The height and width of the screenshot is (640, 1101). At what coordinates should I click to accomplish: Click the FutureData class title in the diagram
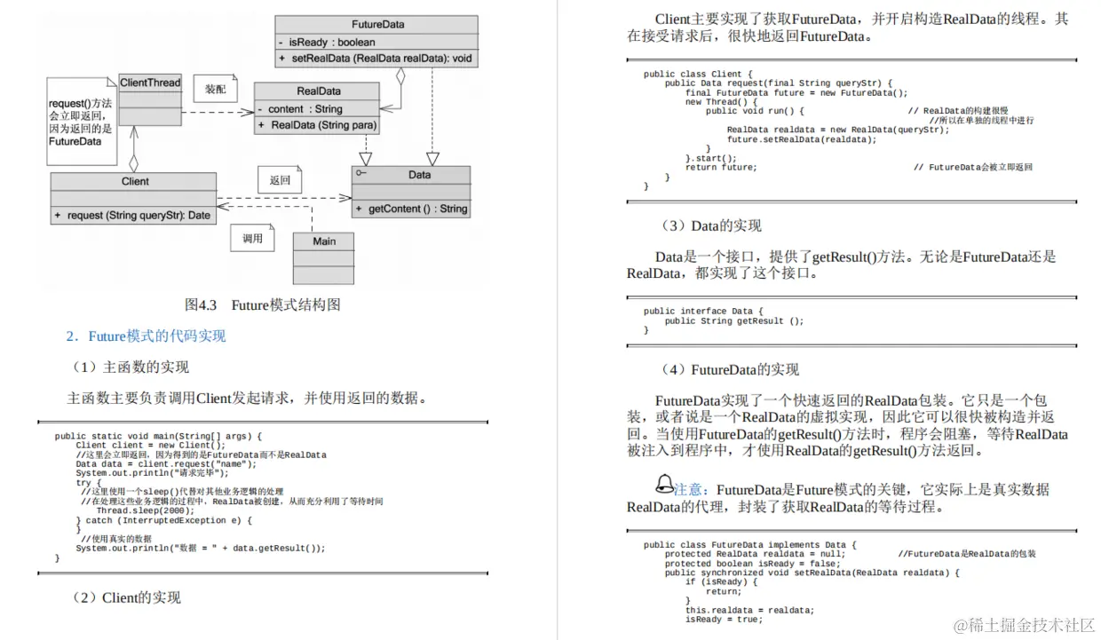(377, 25)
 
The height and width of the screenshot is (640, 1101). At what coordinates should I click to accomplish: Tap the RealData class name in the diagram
(318, 91)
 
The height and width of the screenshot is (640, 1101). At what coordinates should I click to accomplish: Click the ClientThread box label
(150, 83)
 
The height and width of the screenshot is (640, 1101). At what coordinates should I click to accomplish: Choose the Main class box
(324, 241)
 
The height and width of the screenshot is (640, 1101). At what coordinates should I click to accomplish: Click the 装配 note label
(216, 90)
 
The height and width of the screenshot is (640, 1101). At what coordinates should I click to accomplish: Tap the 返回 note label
(280, 180)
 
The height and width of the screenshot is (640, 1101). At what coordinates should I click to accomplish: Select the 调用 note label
(253, 238)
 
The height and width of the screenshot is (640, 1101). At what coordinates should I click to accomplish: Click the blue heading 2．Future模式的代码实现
(147, 336)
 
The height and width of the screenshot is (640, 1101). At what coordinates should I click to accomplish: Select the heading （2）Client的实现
(127, 597)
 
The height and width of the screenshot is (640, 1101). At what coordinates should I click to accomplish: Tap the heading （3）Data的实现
(710, 226)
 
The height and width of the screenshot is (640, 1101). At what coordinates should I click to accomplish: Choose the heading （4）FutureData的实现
(730, 370)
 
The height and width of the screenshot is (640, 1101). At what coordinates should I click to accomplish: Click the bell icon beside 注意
(663, 485)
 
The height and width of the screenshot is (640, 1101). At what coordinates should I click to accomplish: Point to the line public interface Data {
(703, 312)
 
